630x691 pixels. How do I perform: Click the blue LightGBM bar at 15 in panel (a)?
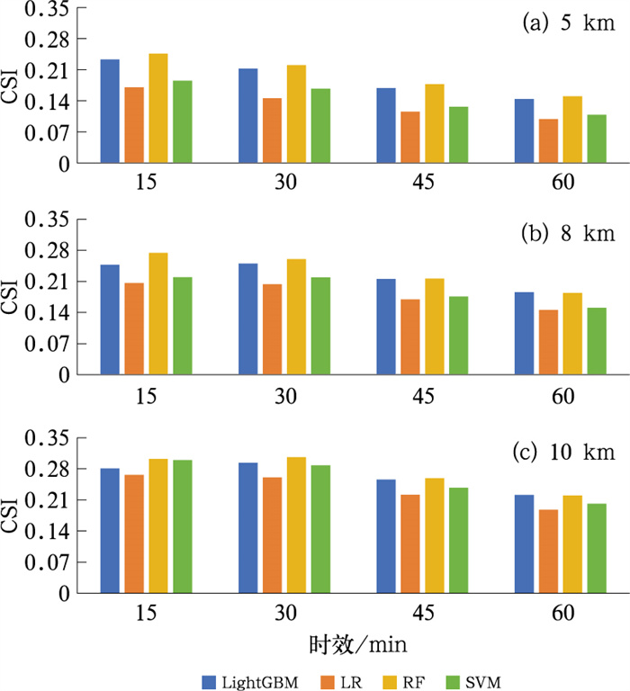(110, 112)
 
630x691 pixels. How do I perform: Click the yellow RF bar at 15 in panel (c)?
(158, 526)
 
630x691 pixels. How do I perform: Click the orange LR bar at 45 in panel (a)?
(410, 138)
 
